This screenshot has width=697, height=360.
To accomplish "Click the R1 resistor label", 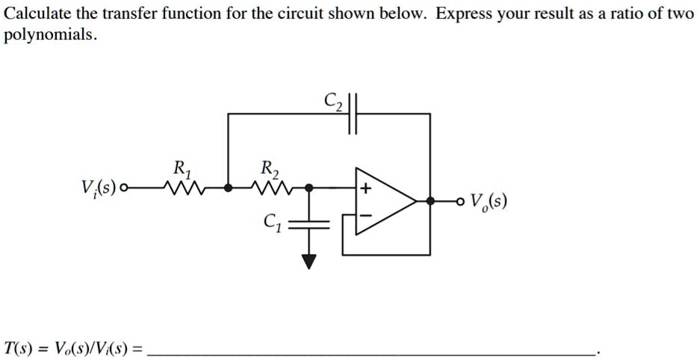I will pyautogui.click(x=179, y=168).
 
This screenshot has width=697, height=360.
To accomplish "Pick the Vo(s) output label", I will pyautogui.click(x=490, y=202).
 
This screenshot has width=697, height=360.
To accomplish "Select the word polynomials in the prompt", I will pyautogui.click(x=49, y=35).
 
